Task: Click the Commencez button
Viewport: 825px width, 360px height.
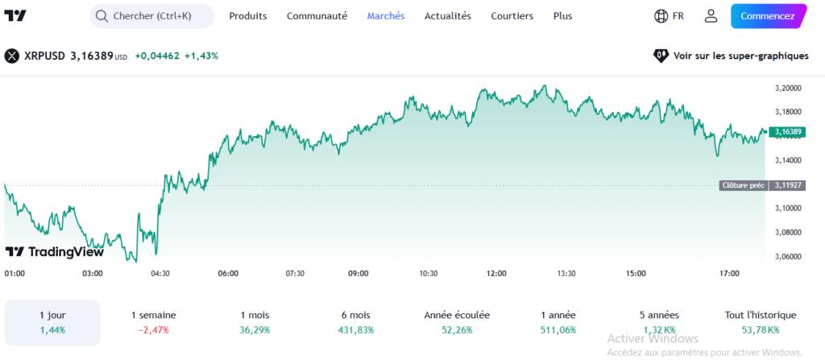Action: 767,16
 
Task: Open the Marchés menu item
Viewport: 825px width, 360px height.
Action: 386,16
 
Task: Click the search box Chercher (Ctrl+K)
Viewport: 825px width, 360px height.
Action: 151,16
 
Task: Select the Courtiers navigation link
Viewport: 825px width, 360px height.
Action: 512,16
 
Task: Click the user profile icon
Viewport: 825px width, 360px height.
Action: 711,16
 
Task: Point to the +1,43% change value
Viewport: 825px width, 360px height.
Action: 201,56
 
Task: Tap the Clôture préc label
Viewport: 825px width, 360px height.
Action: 743,185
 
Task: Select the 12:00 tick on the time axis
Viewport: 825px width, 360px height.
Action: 496,274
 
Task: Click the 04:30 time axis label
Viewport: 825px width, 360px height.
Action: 160,274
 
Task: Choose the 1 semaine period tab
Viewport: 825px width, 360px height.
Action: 152,322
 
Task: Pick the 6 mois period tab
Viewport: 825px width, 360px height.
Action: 354,322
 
